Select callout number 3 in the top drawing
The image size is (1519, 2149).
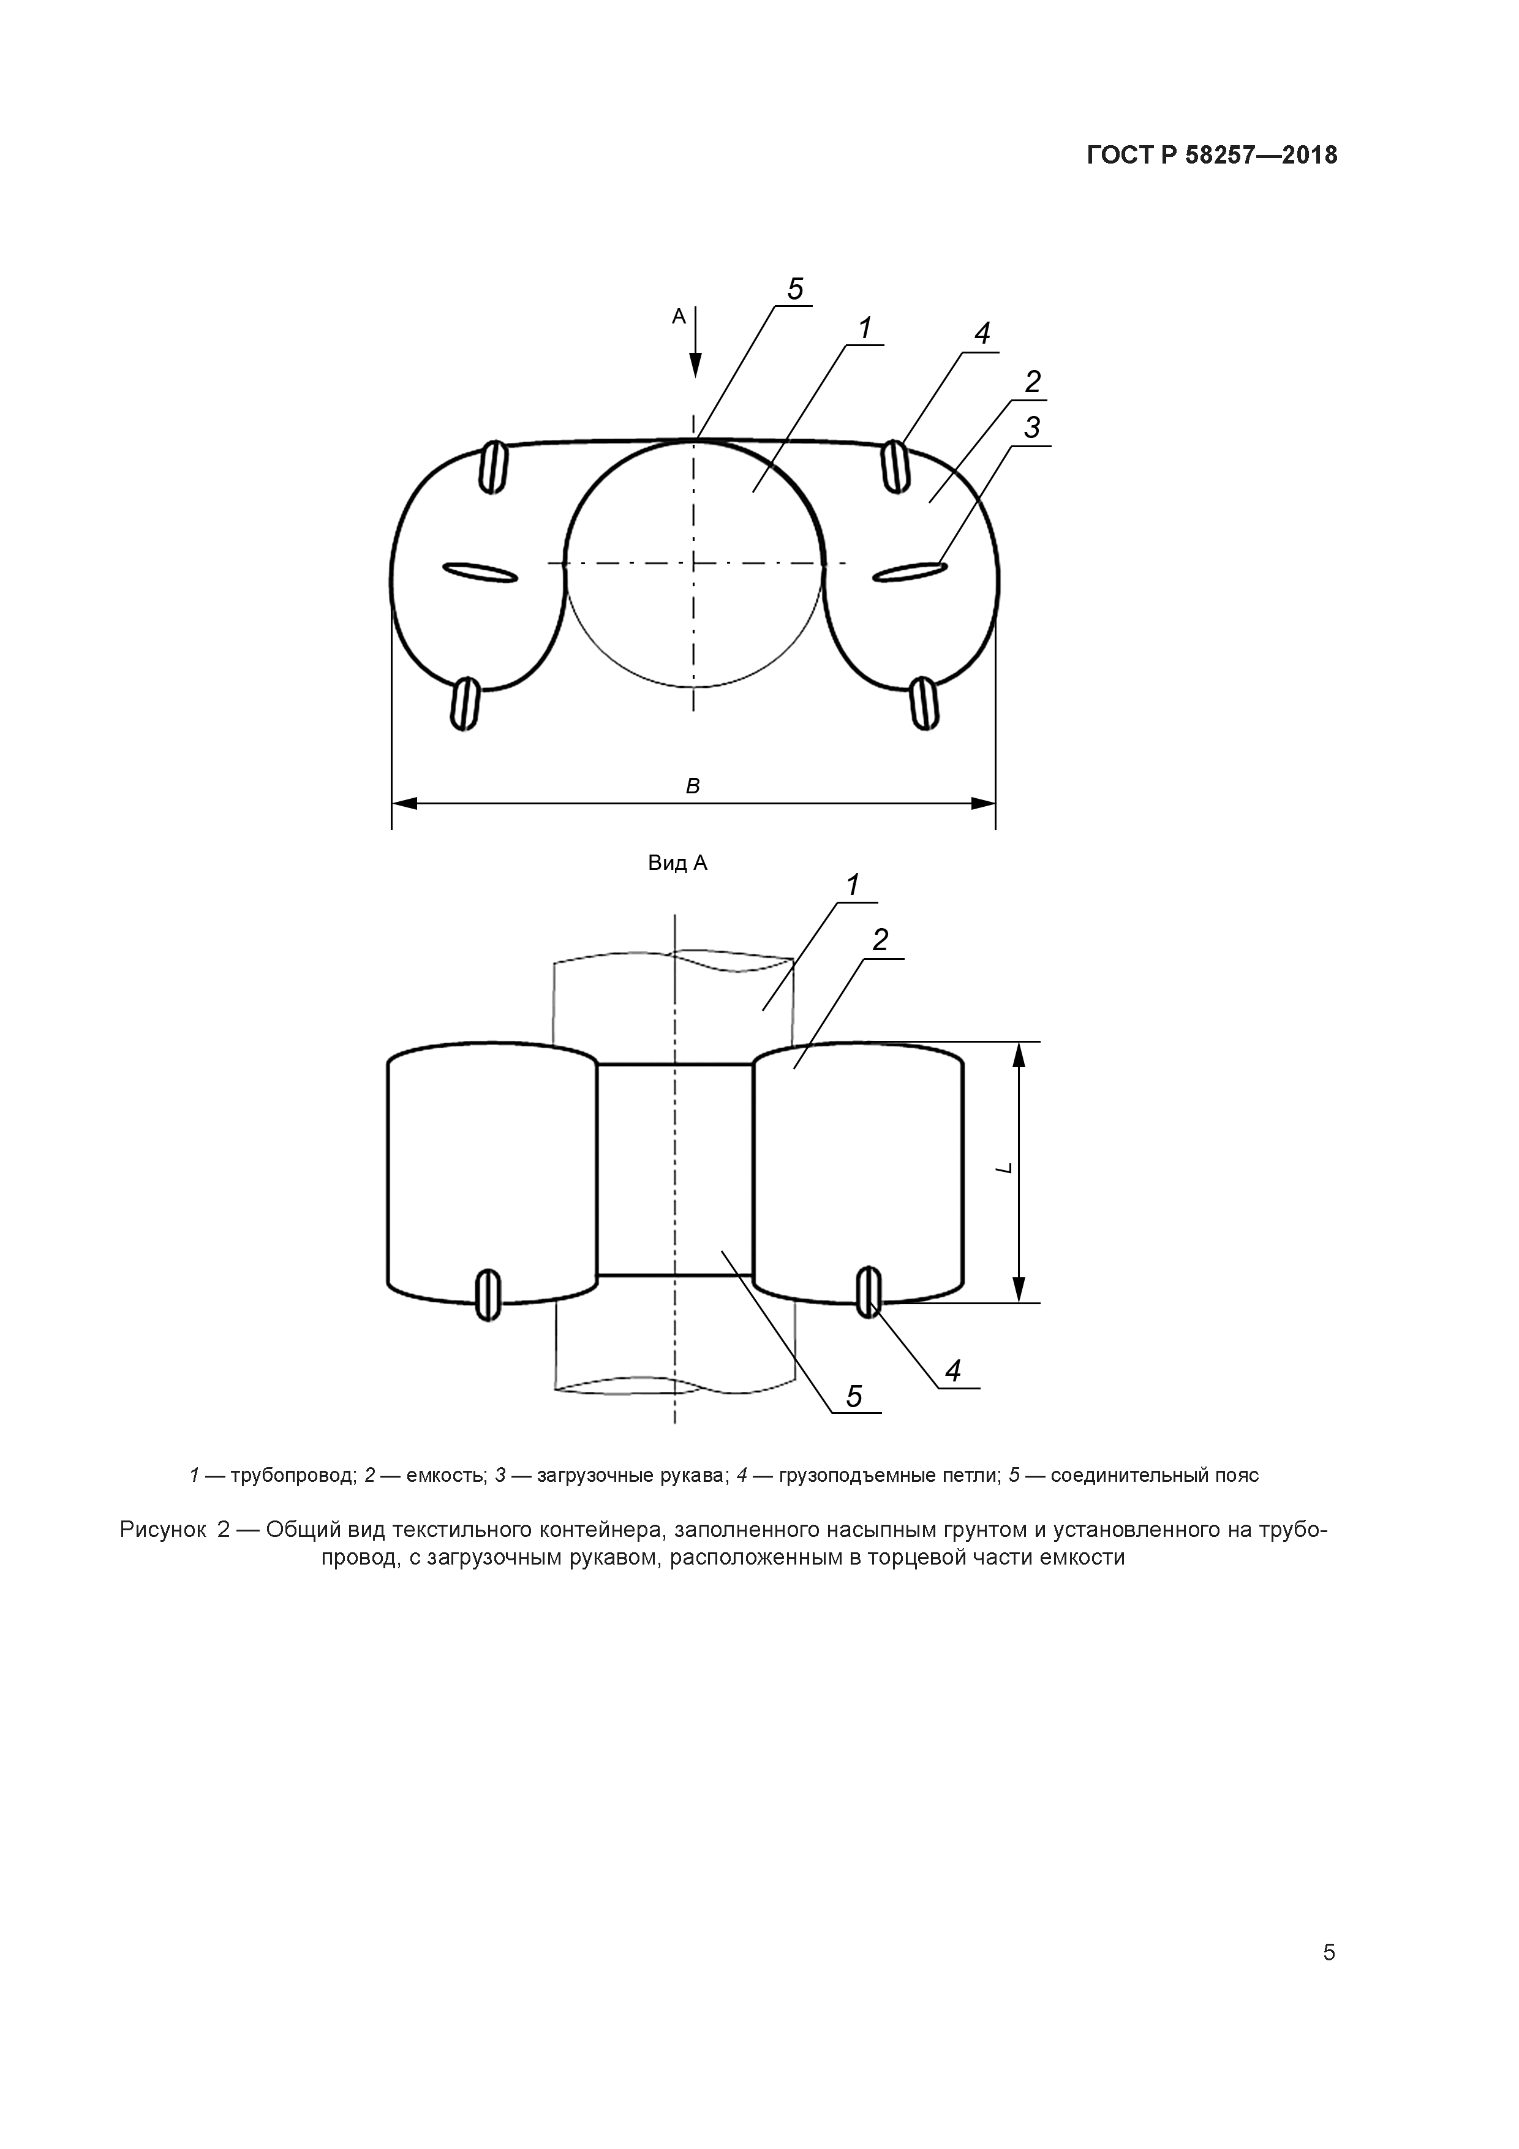pos(1031,428)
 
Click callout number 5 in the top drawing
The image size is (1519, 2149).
pos(794,289)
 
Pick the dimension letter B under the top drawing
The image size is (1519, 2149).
pos(693,786)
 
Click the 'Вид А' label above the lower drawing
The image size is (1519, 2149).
pos(677,863)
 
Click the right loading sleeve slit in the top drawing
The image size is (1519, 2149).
pos(908,572)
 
